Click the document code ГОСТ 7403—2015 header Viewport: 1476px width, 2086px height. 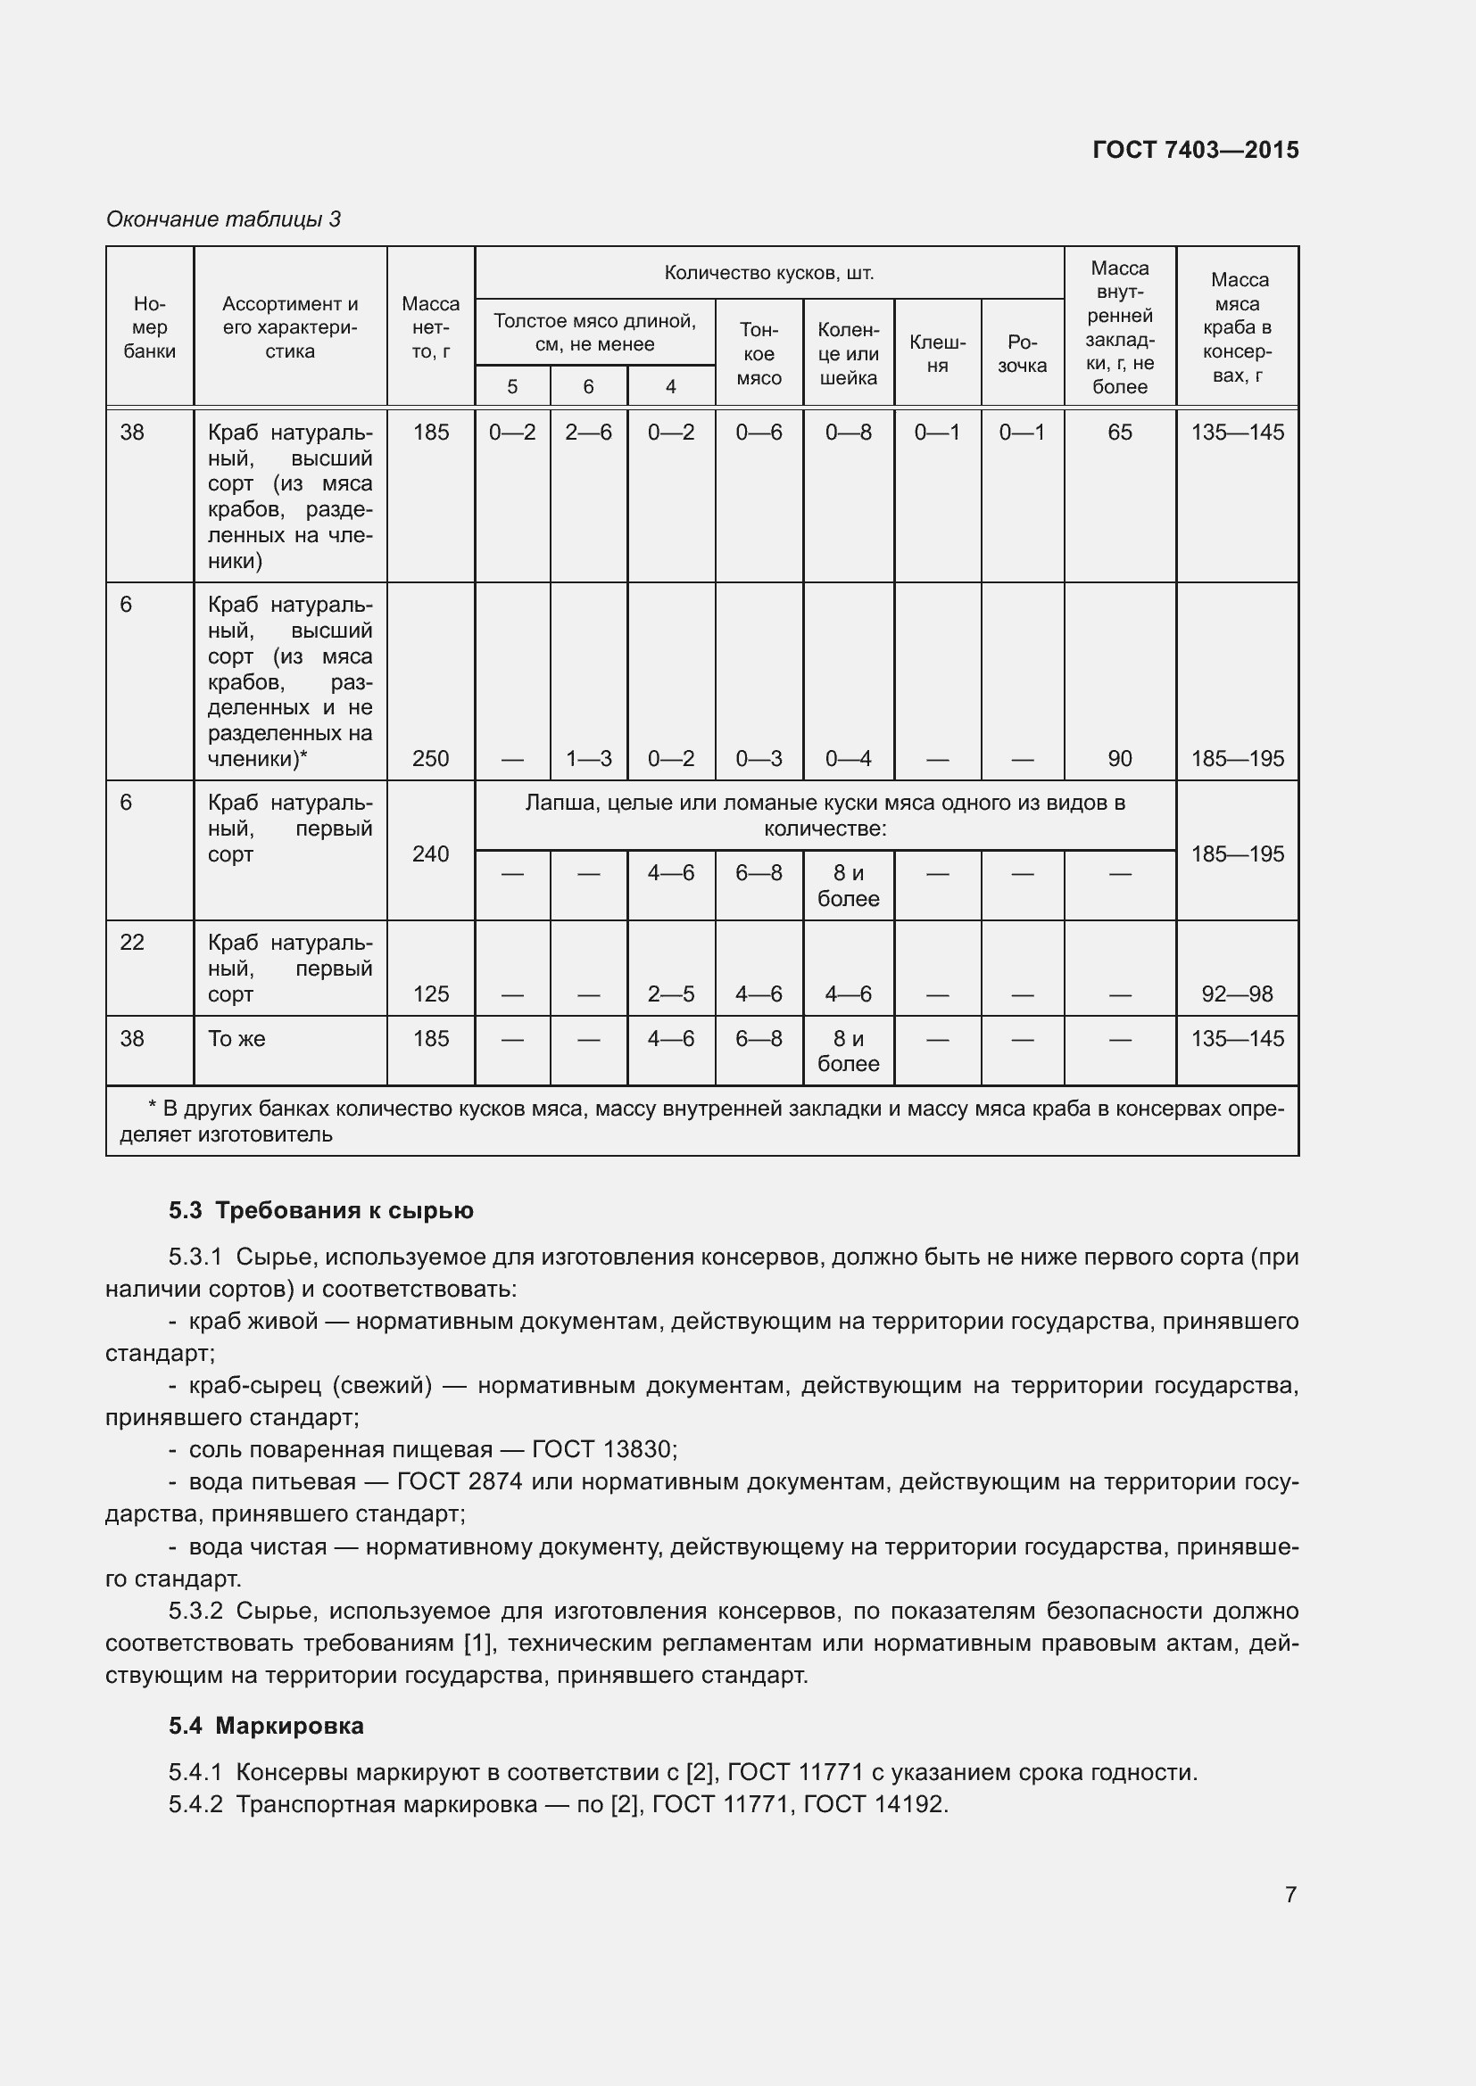pyautogui.click(x=1195, y=150)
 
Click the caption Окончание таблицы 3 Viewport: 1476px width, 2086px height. pyautogui.click(x=224, y=219)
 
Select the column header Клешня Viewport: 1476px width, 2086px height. pyautogui.click(x=937, y=353)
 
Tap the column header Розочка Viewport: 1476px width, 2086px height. pyautogui.click(x=1022, y=353)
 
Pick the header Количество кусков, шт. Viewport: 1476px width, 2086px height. pyautogui.click(x=769, y=273)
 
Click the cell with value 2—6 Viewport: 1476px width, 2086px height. pyautogui.click(x=588, y=433)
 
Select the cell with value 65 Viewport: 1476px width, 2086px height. pyautogui.click(x=1120, y=433)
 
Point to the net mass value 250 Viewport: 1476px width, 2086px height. pyautogui.click(x=431, y=759)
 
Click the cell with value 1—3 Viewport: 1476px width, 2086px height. pyautogui.click(x=588, y=759)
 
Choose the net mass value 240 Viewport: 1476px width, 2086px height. pyautogui.click(x=431, y=854)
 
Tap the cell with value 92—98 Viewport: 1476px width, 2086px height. pyautogui.click(x=1237, y=994)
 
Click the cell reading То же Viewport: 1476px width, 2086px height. pyautogui.click(x=237, y=1038)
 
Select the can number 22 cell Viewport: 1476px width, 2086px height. pyautogui.click(x=133, y=942)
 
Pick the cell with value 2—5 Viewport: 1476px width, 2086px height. pyautogui.click(x=671, y=994)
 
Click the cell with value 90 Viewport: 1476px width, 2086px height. pyautogui.click(x=1120, y=759)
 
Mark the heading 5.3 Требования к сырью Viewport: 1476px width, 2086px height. pyautogui.click(x=321, y=1210)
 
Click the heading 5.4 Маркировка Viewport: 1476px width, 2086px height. pyautogui.click(x=266, y=1726)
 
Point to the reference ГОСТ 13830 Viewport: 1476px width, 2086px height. pyautogui.click(x=603, y=1449)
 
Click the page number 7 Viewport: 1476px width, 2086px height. pyautogui.click(x=1289, y=1894)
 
